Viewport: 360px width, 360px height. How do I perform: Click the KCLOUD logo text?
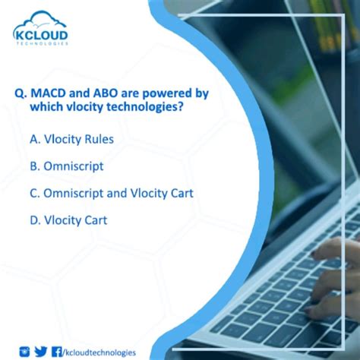coord(41,35)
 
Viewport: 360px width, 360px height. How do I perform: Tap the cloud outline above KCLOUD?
coord(41,19)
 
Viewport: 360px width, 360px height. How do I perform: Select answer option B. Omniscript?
coord(67,166)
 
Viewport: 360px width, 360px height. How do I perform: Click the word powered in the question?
coord(168,93)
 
